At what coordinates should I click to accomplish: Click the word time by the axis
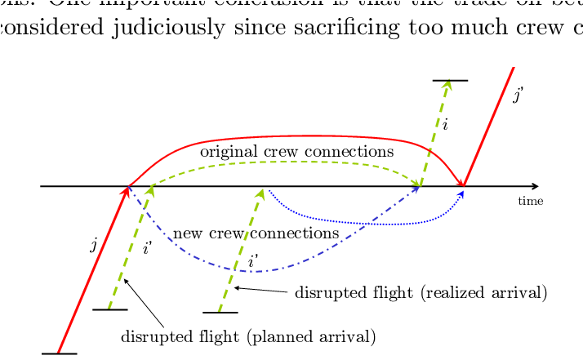(x=530, y=201)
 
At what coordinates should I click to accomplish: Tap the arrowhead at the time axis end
(x=535, y=186)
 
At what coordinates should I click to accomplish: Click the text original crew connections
(x=296, y=152)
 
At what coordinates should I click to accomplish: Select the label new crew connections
(x=256, y=233)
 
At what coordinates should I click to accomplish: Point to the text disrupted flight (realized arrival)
(x=421, y=292)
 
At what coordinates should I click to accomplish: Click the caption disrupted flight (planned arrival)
(x=247, y=336)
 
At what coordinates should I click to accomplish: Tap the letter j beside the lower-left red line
(x=94, y=244)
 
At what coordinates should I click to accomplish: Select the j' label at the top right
(x=517, y=96)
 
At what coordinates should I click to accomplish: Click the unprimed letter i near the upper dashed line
(x=445, y=125)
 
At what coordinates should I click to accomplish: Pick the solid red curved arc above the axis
(x=294, y=136)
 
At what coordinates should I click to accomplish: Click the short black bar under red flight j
(x=59, y=353)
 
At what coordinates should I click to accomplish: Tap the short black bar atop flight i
(x=450, y=81)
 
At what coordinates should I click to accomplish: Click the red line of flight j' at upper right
(x=490, y=122)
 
